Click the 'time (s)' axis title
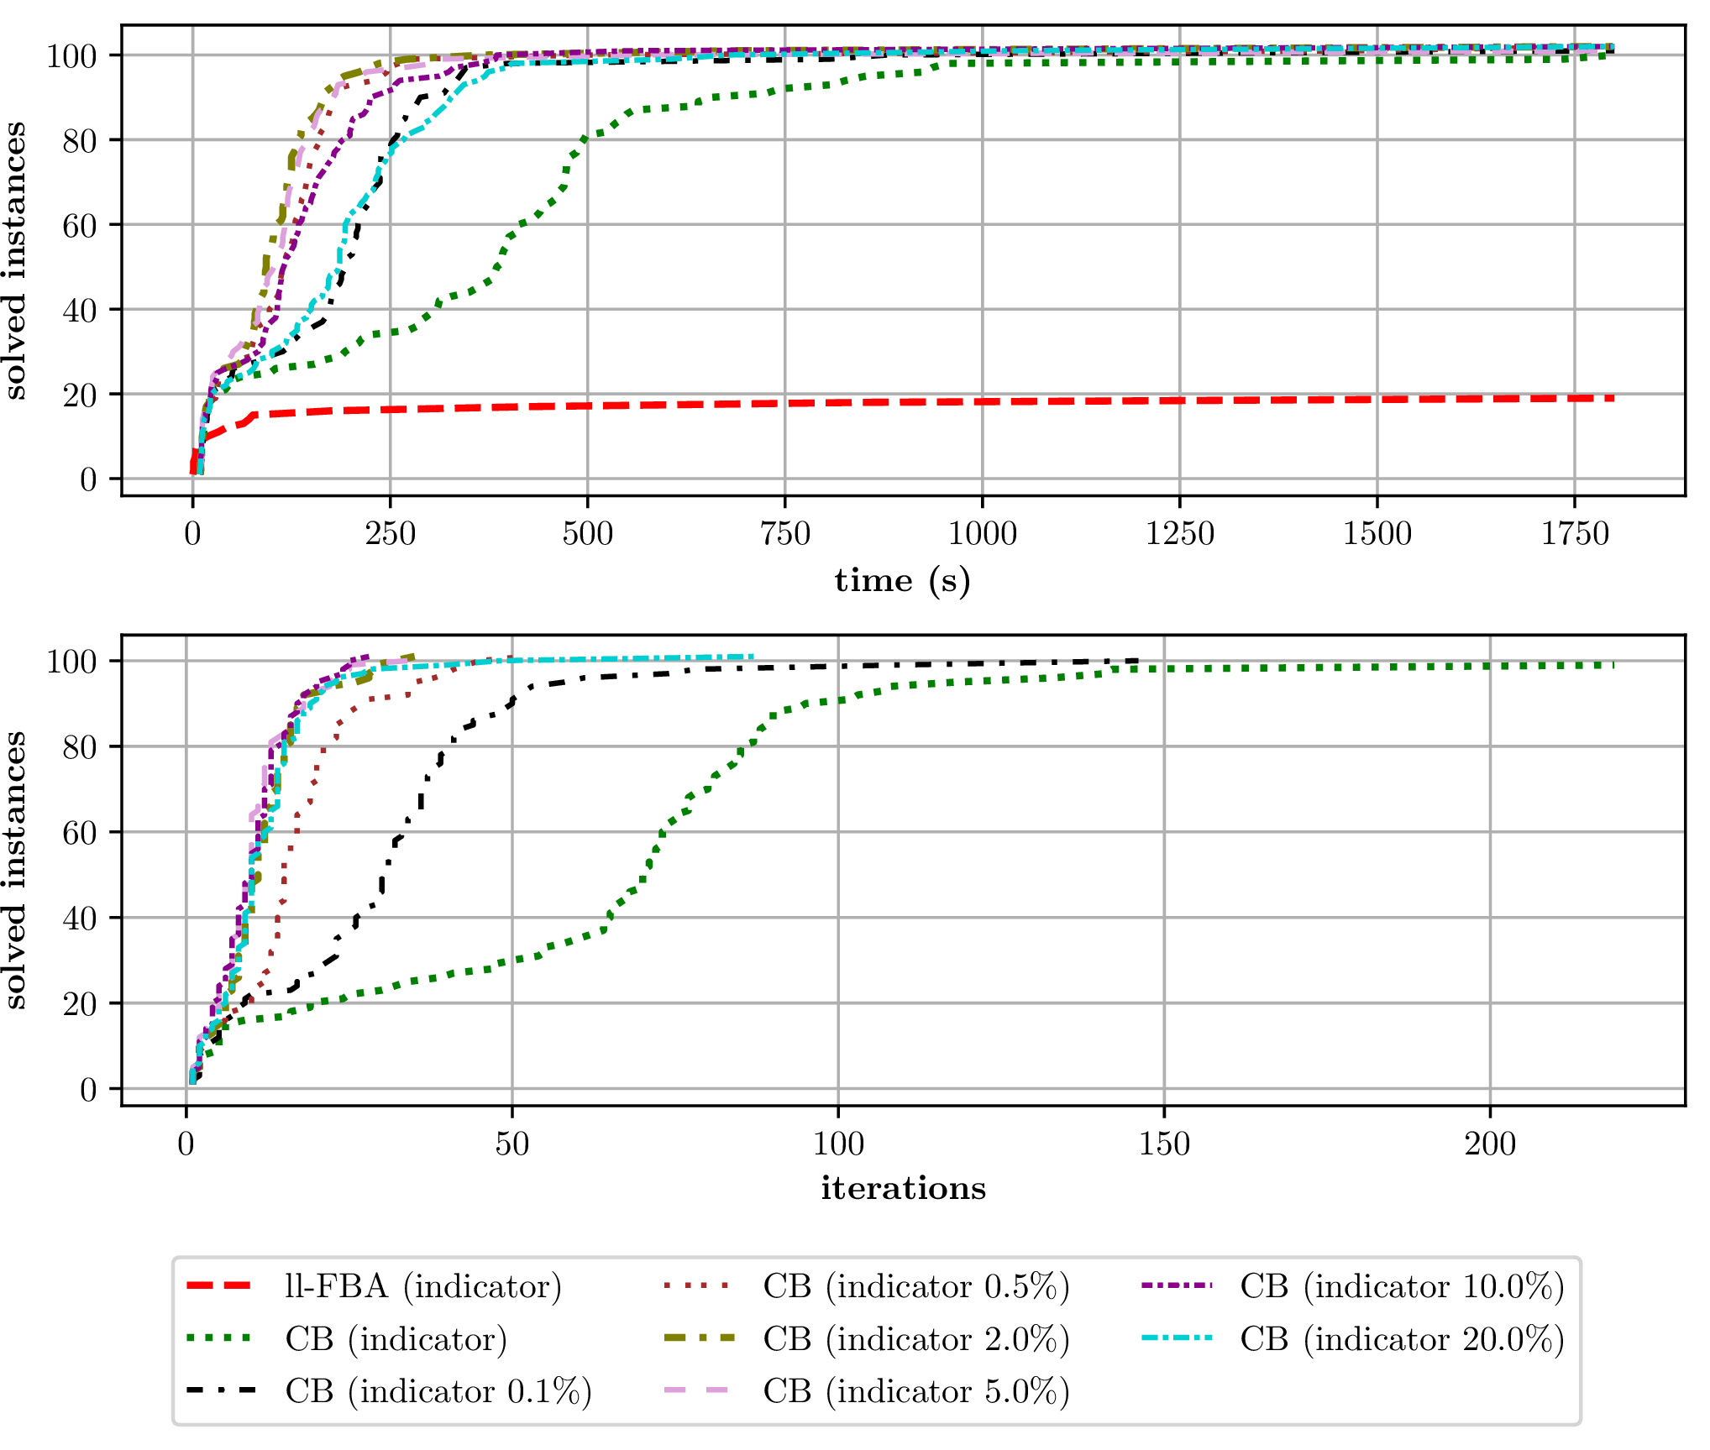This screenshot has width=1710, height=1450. pos(902,581)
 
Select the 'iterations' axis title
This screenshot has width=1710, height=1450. pos(903,1189)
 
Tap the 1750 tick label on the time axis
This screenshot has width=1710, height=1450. pos(1574,534)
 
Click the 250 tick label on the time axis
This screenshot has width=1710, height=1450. pos(390,534)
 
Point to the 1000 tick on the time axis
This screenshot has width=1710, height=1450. pos(982,534)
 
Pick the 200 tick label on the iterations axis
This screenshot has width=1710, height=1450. pos(1490,1144)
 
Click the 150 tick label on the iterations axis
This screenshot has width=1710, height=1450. pos(1164,1144)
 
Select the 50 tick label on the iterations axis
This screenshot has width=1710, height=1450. pos(511,1144)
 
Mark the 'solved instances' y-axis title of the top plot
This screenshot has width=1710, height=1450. pos(15,260)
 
